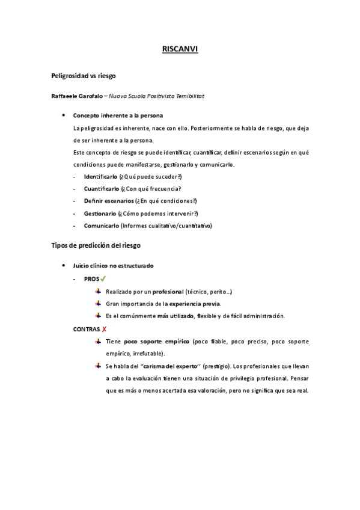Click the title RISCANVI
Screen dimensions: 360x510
pyautogui.click(x=180, y=51)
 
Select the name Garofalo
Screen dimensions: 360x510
pyautogui.click(x=88, y=96)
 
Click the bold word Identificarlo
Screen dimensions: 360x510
pyautogui.click(x=100, y=176)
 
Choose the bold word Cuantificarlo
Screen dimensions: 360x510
pyautogui.click(x=101, y=189)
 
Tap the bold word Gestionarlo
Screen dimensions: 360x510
pyautogui.click(x=100, y=214)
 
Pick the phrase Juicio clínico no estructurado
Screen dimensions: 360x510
pyautogui.click(x=113, y=266)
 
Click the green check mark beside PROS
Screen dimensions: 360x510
pyautogui.click(x=103, y=278)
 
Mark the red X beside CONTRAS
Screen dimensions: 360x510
pyautogui.click(x=105, y=329)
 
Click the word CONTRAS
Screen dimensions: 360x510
pyautogui.click(x=86, y=329)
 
